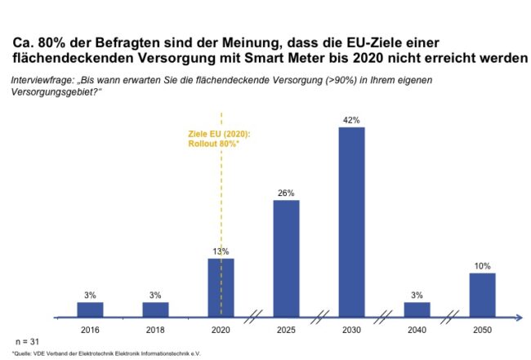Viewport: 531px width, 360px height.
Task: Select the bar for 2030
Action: pyautogui.click(x=351, y=221)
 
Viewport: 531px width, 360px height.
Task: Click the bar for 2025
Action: pyautogui.click(x=286, y=258)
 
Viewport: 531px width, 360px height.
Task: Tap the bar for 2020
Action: pyautogui.click(x=221, y=287)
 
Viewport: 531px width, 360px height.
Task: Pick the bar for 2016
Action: pyautogui.click(x=91, y=309)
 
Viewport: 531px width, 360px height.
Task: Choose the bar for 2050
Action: pyautogui.click(x=482, y=294)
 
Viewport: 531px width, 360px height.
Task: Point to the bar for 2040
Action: pyautogui.click(x=417, y=309)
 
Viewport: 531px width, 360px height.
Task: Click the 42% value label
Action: pyautogui.click(x=351, y=120)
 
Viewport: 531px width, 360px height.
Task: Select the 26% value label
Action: pyautogui.click(x=286, y=193)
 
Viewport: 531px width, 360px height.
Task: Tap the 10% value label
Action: pyautogui.click(x=482, y=266)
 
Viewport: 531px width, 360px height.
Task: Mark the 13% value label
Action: pyautogui.click(x=221, y=251)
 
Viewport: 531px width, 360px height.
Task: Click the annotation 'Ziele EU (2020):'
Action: pyautogui.click(x=216, y=134)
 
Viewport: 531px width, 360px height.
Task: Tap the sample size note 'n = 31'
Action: pyautogui.click(x=27, y=339)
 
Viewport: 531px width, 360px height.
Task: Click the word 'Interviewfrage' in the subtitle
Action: pyautogui.click(x=42, y=81)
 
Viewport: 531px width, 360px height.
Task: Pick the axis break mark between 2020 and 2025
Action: pyautogui.click(x=254, y=316)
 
